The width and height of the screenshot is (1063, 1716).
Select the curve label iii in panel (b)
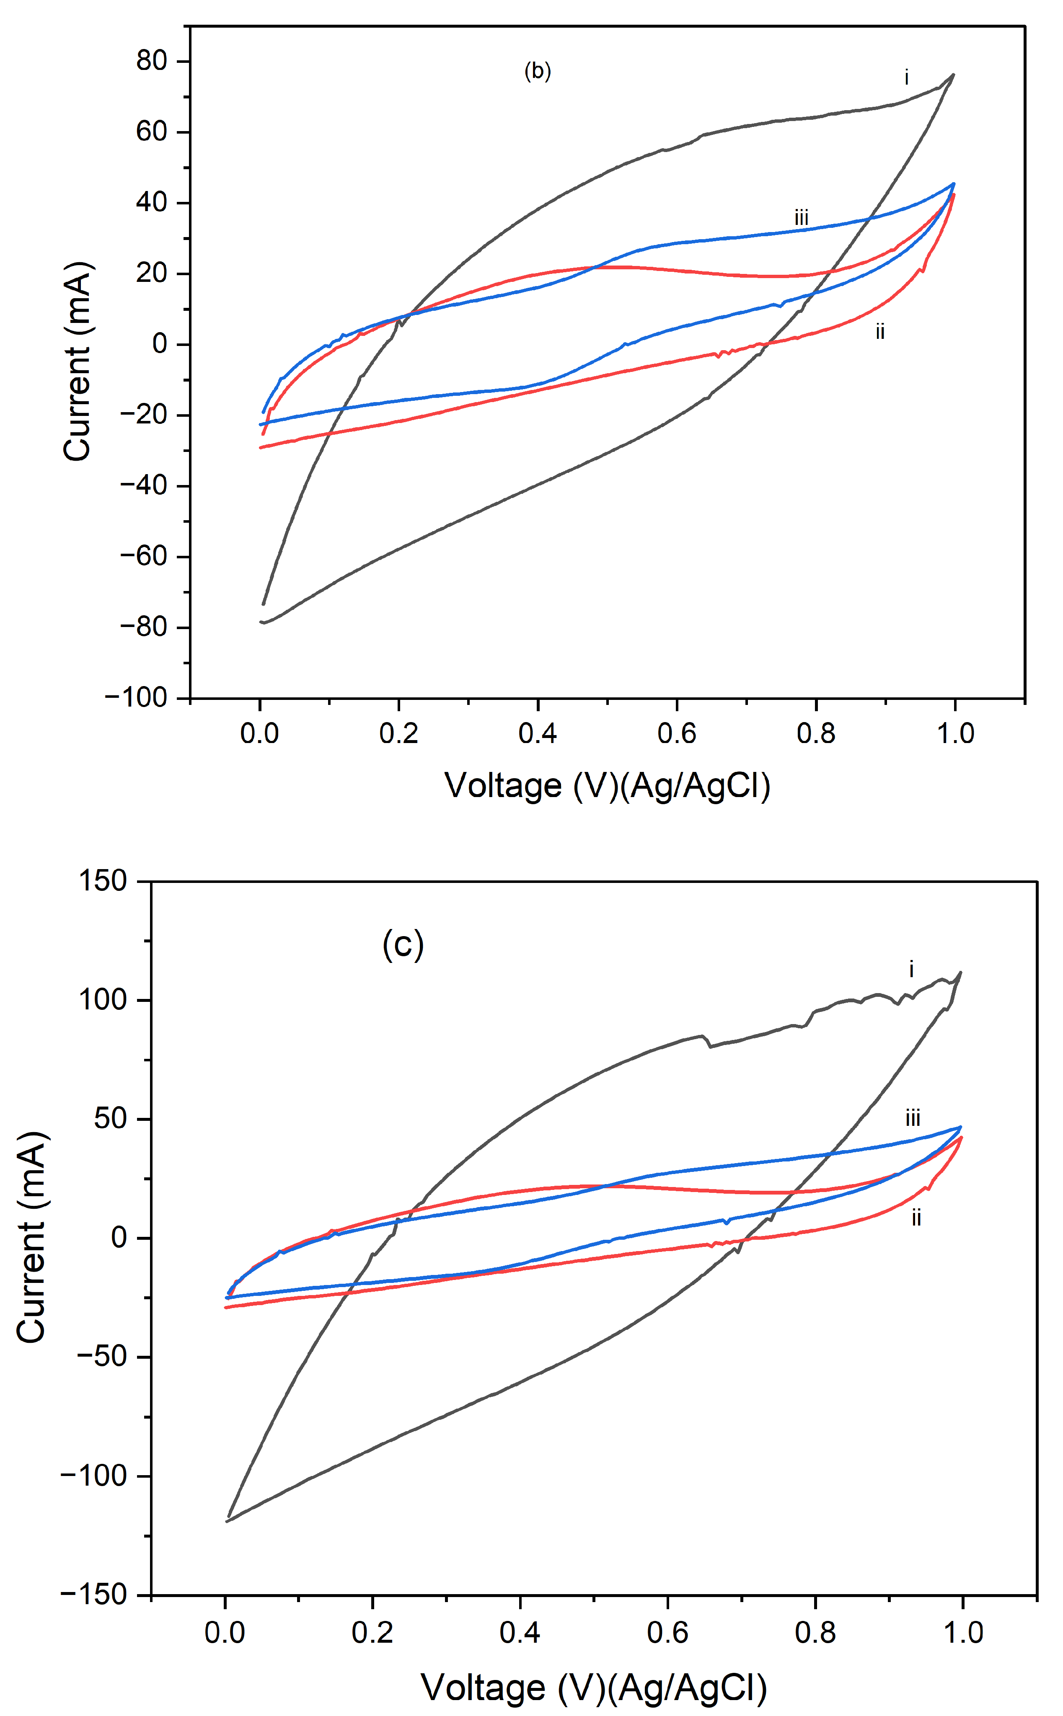click(802, 218)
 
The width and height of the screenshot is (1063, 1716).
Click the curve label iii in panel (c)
click(913, 1118)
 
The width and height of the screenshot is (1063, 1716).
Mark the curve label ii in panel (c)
click(916, 1218)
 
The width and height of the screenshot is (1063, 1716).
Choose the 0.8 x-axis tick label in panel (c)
click(815, 1632)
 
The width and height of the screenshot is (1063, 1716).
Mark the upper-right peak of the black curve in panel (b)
click(953, 75)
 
